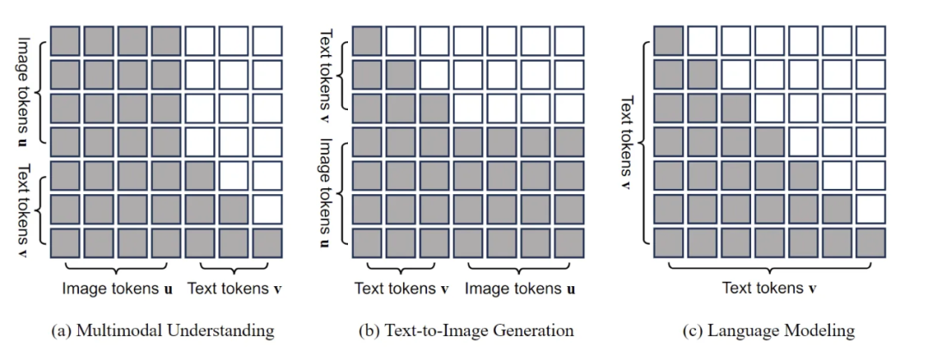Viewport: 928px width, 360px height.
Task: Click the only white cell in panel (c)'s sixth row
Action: pyautogui.click(x=870, y=210)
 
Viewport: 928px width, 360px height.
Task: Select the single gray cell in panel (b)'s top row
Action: pyautogui.click(x=368, y=42)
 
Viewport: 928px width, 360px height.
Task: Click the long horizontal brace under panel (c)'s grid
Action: pyautogui.click(x=769, y=266)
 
